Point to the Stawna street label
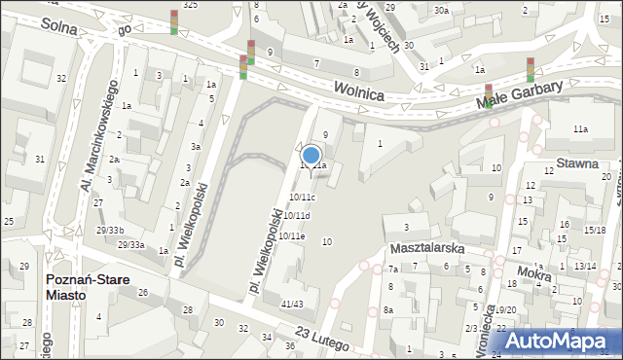[577, 163]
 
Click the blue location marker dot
[311, 154]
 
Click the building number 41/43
[292, 305]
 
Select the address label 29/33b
[110, 230]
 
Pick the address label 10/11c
[302, 198]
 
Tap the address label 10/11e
[292, 235]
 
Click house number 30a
[441, 10]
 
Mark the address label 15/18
[594, 230]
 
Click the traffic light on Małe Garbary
[530, 69]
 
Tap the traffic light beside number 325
[174, 21]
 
